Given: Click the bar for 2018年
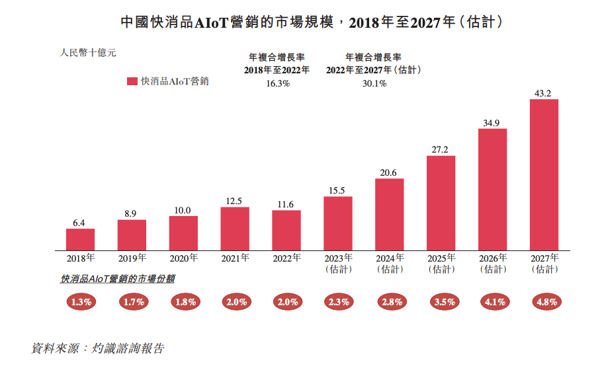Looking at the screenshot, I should (80, 239).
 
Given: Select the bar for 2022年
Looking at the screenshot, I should (286, 230).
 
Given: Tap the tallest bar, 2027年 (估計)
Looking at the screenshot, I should (544, 174).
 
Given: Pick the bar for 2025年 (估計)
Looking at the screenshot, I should (441, 203).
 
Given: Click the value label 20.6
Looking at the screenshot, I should (389, 172).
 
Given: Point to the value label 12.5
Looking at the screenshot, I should (235, 201).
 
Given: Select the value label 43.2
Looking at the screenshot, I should (544, 93).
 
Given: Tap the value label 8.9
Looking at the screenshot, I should (131, 213).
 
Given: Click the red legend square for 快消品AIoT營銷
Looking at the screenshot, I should (132, 81).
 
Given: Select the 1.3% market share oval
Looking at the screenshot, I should (81, 302).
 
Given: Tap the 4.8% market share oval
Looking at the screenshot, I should (544, 302).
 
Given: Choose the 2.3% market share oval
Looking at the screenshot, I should (338, 302).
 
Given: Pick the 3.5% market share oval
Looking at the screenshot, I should (441, 302).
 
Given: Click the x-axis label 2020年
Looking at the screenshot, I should (183, 258).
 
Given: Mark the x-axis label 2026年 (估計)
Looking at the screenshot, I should (493, 263).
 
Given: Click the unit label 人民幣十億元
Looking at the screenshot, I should (88, 53).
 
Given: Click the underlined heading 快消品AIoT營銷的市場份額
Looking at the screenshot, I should (118, 279).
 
